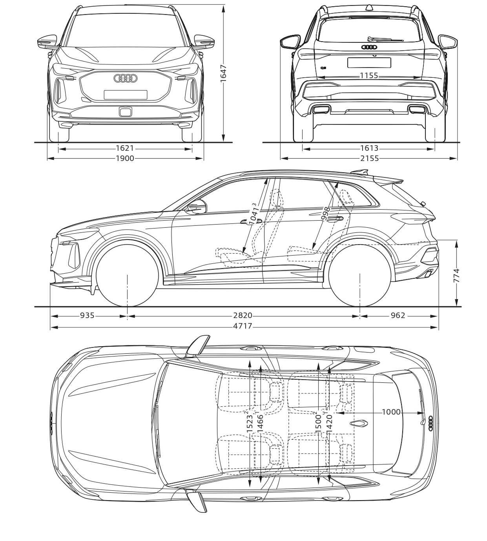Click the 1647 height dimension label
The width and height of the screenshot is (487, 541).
coord(224,74)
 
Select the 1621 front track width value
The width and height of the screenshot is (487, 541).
coord(125,148)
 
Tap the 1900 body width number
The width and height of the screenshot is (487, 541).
coord(125,158)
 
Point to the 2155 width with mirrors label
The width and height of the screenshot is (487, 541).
coord(370,158)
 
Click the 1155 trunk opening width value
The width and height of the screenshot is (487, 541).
coord(369,76)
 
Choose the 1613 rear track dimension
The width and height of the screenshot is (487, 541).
coord(369,148)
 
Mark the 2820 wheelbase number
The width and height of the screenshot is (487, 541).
coord(243,315)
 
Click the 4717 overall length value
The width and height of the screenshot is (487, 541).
coord(243,326)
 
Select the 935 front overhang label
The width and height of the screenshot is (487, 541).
coord(88,315)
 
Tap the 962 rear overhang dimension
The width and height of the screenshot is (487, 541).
coord(398,315)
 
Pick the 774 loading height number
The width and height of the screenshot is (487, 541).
coord(456,276)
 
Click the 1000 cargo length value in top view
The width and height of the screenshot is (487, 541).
coord(391,412)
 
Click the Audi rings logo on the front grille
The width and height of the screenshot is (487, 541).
coord(126,79)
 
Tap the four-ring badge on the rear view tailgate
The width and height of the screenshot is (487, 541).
coord(369,47)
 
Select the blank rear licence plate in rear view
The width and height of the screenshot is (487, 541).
coord(369,62)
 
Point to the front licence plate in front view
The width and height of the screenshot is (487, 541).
coord(126,95)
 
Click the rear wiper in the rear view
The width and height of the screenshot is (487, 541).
coord(386,39)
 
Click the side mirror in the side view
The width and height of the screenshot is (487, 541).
coord(197,207)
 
